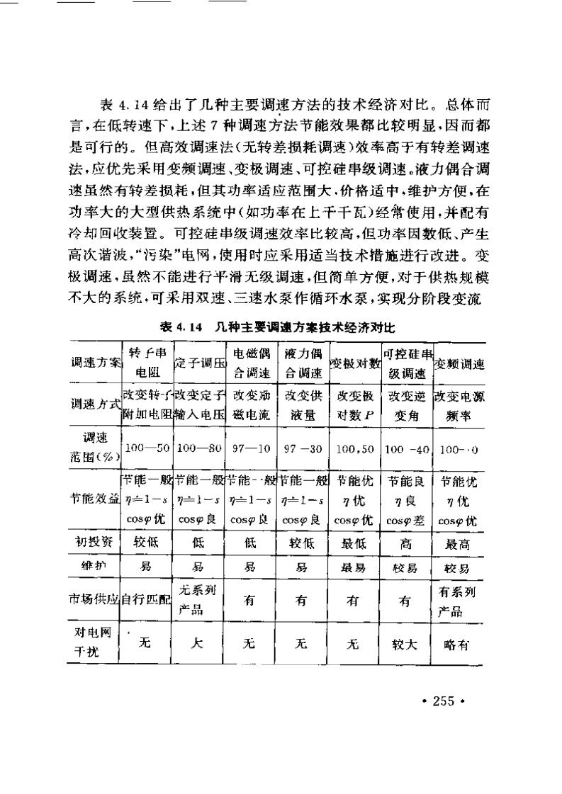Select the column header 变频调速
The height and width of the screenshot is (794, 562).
[460, 365]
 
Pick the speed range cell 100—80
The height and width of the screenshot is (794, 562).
[200, 449]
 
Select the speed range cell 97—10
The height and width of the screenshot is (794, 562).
[252, 449]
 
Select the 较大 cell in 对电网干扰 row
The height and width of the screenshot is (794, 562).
[407, 645]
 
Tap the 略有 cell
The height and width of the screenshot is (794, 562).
[460, 645]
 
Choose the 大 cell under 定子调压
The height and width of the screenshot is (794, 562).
[200, 644]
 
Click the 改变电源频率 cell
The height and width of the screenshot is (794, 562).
[460, 404]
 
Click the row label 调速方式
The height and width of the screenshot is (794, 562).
[95, 404]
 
